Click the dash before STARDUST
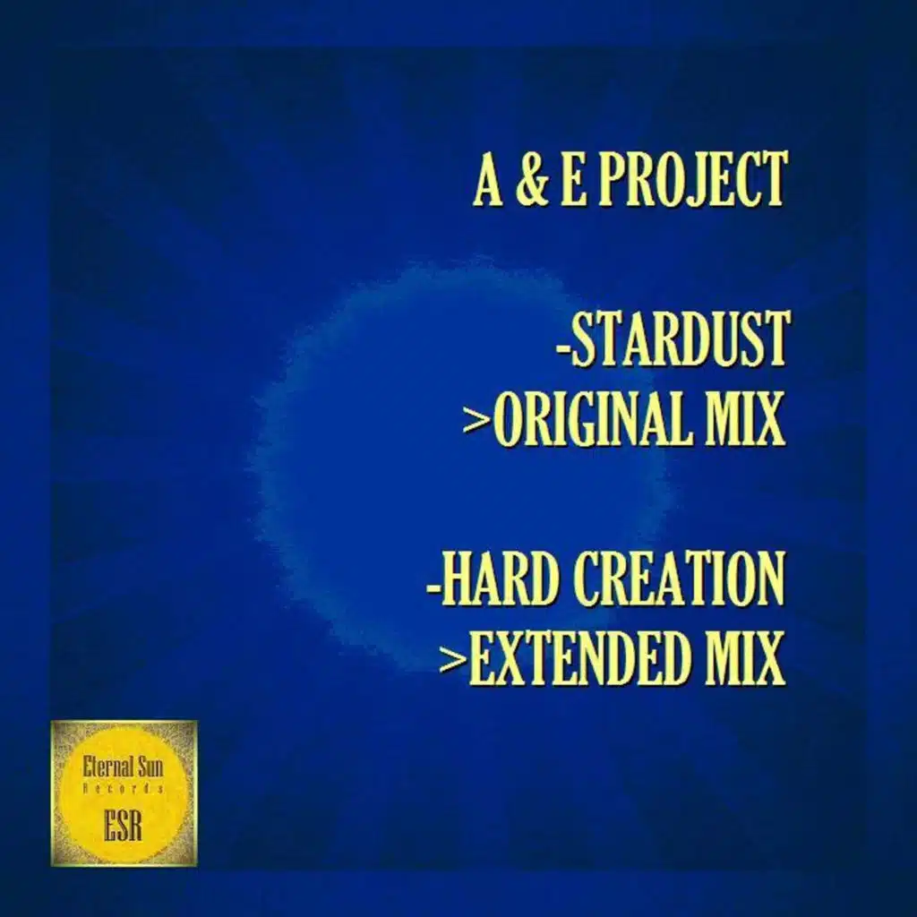tap(563, 343)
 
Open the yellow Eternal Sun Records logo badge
tap(124, 793)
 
